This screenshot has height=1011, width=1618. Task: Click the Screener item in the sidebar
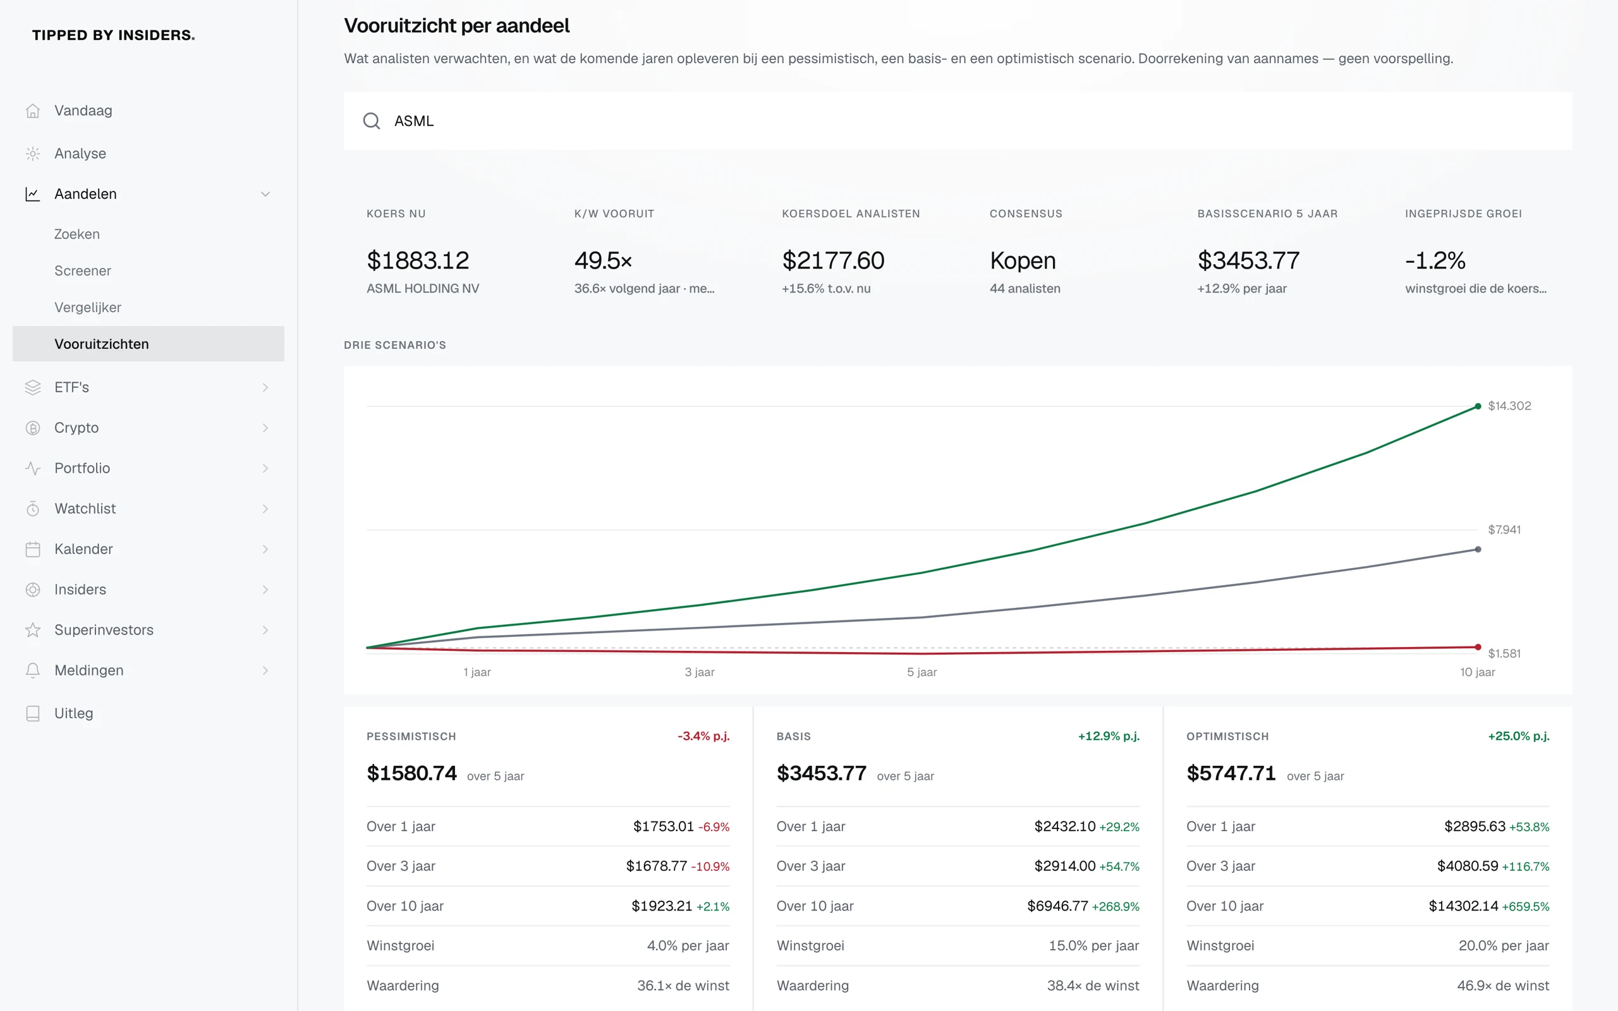(x=82, y=271)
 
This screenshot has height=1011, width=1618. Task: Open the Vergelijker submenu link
(x=88, y=308)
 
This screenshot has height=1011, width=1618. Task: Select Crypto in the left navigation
(x=76, y=428)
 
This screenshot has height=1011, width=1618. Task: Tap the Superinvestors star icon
(x=33, y=630)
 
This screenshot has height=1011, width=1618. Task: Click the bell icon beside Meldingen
(x=33, y=670)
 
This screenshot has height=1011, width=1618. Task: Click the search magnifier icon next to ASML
(x=372, y=121)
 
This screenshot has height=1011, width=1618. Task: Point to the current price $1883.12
(x=418, y=260)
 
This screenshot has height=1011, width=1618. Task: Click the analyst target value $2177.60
(x=833, y=260)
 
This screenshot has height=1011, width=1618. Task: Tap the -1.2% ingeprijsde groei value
(x=1435, y=260)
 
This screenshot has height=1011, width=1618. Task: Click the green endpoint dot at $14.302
(x=1478, y=406)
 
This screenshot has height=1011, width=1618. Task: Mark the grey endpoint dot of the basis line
(x=1478, y=550)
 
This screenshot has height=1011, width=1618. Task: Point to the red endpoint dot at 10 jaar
(x=1478, y=647)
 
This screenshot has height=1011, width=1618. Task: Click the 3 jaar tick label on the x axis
(x=700, y=672)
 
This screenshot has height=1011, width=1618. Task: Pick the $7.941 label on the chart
(x=1504, y=530)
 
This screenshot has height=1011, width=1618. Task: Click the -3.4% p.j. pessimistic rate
(x=703, y=736)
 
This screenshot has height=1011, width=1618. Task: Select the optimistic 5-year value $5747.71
(x=1231, y=773)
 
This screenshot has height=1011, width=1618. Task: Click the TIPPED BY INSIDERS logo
(x=114, y=35)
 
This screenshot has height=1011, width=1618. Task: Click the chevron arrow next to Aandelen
(x=265, y=194)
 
